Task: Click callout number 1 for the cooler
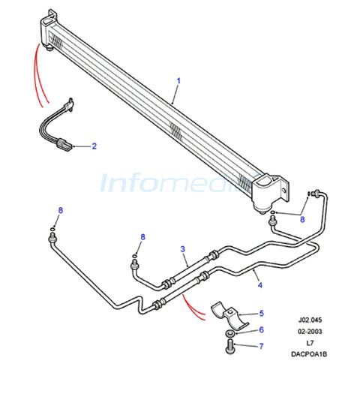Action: pyautogui.click(x=178, y=81)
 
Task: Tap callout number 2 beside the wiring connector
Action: pyautogui.click(x=94, y=146)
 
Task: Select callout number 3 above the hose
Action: pyautogui.click(x=182, y=249)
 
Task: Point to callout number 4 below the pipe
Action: pyautogui.click(x=260, y=285)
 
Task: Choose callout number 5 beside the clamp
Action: pyautogui.click(x=262, y=313)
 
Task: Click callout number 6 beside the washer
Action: pyautogui.click(x=262, y=329)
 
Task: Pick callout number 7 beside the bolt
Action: pyautogui.click(x=261, y=346)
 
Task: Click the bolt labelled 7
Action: pyautogui.click(x=230, y=346)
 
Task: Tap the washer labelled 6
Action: pyautogui.click(x=229, y=333)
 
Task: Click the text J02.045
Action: pyautogui.click(x=310, y=320)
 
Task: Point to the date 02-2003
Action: pyautogui.click(x=310, y=332)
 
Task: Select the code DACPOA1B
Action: pyautogui.click(x=309, y=354)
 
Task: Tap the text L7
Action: pyautogui.click(x=310, y=343)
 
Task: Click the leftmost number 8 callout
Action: pyautogui.click(x=61, y=210)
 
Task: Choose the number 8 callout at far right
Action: pyautogui.click(x=302, y=219)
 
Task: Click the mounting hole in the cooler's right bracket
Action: pyautogui.click(x=284, y=191)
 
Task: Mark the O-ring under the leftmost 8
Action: pyautogui.click(x=52, y=229)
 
